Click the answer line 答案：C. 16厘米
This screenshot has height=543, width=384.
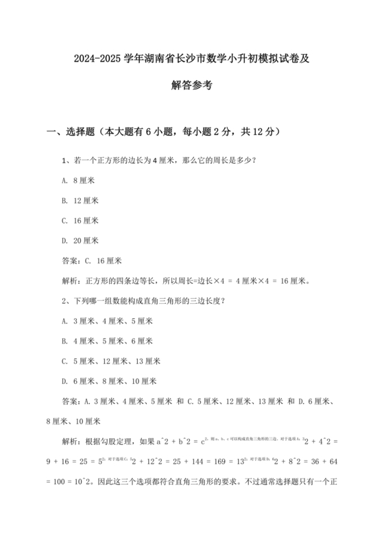[91, 261]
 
